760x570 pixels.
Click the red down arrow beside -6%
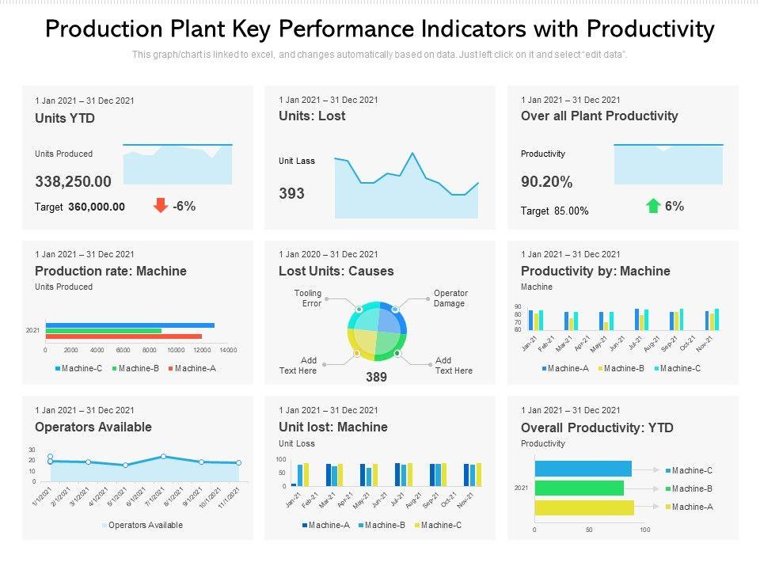click(160, 206)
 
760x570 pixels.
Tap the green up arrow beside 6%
click(653, 206)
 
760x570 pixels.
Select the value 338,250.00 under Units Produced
click(73, 181)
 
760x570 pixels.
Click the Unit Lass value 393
click(291, 193)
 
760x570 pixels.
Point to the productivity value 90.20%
click(546, 182)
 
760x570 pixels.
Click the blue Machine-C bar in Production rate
click(130, 325)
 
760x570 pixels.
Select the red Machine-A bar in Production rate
click(123, 336)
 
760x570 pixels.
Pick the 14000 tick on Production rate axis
click(228, 350)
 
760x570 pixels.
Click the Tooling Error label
click(308, 298)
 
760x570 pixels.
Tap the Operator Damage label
click(450, 298)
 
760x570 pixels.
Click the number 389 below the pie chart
click(376, 378)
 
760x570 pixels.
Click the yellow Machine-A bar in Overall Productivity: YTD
click(584, 507)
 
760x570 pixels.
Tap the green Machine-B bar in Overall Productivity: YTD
click(579, 488)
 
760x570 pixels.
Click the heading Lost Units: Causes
click(336, 271)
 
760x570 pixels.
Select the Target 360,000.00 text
click(80, 207)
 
